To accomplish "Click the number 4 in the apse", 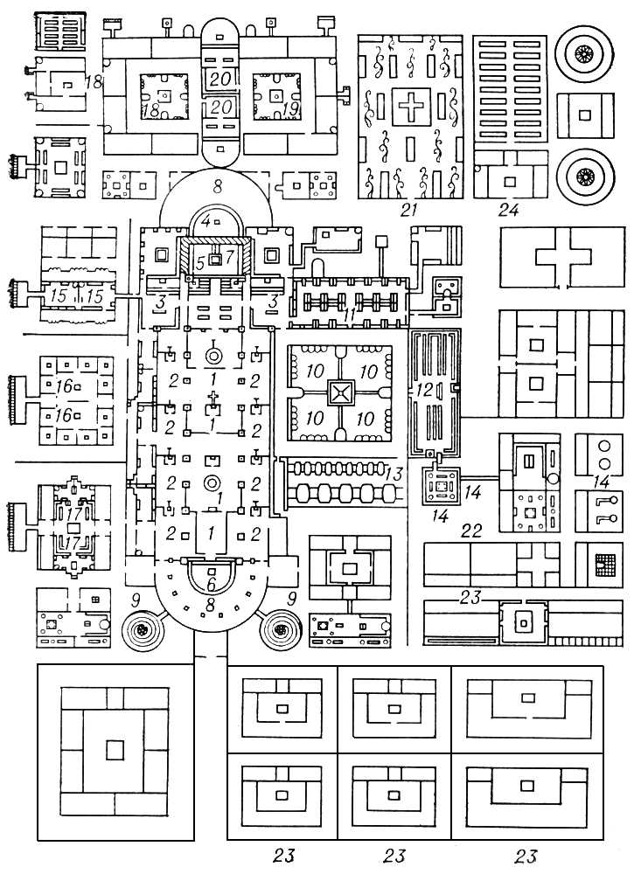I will click(x=205, y=221).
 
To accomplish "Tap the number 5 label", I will click(x=199, y=260).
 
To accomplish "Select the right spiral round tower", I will click(x=282, y=628).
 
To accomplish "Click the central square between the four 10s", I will click(x=338, y=394).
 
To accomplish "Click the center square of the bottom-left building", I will click(x=114, y=750).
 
